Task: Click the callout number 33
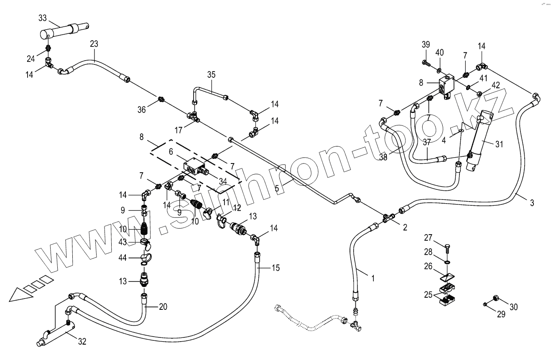click(43, 18)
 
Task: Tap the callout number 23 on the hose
click(94, 43)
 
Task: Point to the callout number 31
click(500, 144)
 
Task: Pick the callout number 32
click(82, 342)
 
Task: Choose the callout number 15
click(275, 267)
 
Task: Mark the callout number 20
click(163, 306)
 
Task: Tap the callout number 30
click(513, 307)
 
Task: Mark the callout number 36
click(142, 109)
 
